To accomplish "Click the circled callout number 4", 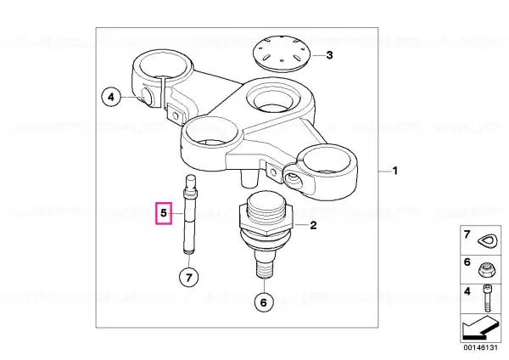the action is point(111,97).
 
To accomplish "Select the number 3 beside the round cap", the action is point(329,55).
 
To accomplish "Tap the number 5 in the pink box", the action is point(164,213).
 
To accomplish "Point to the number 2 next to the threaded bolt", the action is point(313,225).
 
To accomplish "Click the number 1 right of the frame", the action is point(395,171).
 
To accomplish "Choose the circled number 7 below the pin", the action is point(189,277).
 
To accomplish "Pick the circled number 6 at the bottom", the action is point(263,302).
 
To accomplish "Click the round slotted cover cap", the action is point(282,53).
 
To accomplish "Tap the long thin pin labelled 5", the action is point(190,216).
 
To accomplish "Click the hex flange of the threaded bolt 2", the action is point(266,222).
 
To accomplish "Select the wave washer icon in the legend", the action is point(488,242).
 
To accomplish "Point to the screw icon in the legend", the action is point(487,298).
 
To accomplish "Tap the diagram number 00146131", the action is point(480,347).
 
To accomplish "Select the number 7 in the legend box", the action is point(467,234).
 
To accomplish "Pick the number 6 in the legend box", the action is point(467,262).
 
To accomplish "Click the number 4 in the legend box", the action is point(467,291).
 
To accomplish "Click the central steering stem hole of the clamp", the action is point(271,98).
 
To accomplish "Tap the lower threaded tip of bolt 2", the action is point(265,268).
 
